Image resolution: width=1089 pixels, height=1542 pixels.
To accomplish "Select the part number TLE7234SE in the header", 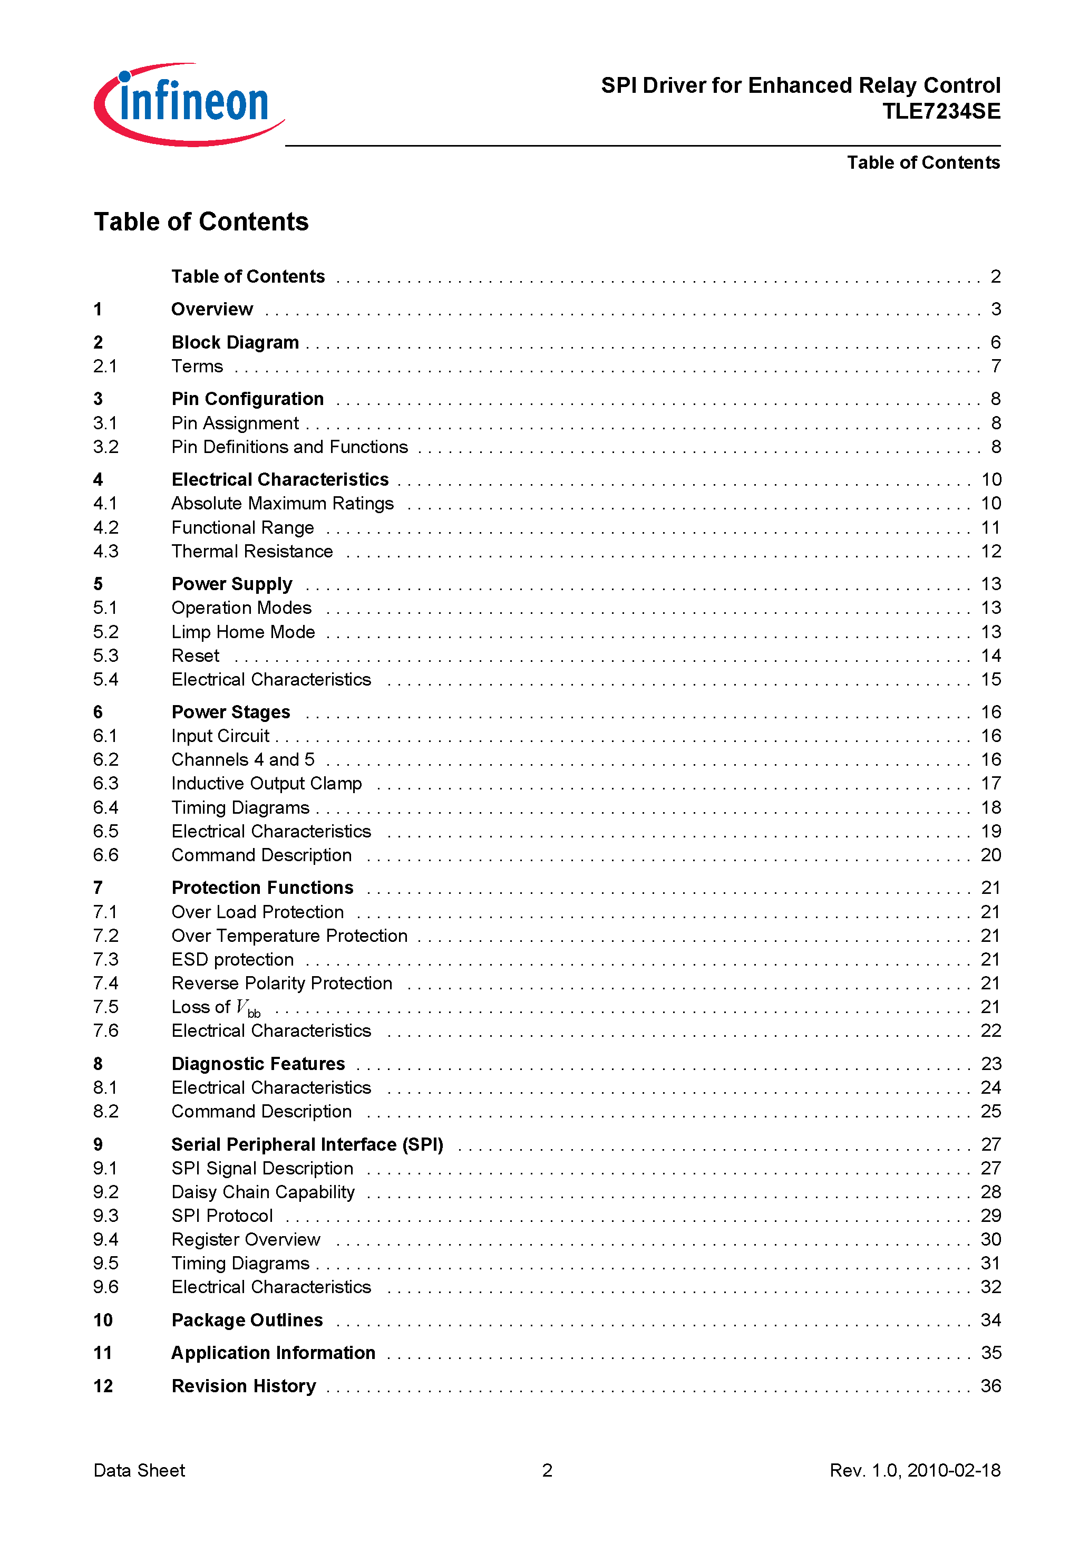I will click(941, 111).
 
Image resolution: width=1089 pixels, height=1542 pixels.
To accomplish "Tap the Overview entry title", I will click(212, 310).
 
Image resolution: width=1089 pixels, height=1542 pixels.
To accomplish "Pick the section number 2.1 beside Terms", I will click(105, 367).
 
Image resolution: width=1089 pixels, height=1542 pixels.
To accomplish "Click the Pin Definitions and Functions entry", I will click(289, 447).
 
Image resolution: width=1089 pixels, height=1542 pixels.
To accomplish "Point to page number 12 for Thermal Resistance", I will click(990, 552).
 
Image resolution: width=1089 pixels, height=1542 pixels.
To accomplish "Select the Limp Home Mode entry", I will click(243, 632).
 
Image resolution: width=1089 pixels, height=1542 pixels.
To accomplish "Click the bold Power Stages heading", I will click(231, 712).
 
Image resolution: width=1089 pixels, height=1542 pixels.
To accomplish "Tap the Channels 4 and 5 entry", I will click(242, 759).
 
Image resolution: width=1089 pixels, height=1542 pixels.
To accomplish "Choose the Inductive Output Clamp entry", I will click(267, 784).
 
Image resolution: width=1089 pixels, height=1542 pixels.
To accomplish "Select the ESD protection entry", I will click(232, 960).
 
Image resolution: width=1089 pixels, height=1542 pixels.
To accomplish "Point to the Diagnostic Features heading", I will click(258, 1064).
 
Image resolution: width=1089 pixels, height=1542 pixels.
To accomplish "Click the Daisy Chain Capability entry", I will click(263, 1192).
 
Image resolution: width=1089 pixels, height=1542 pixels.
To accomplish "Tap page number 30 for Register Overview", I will click(990, 1240).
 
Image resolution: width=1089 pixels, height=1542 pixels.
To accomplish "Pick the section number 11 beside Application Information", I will click(103, 1353).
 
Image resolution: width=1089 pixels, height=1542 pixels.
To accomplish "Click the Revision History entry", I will click(244, 1386).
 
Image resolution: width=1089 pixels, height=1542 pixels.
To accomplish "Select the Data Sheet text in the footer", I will click(139, 1471).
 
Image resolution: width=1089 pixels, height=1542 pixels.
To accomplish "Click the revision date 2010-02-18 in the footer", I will click(954, 1471).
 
